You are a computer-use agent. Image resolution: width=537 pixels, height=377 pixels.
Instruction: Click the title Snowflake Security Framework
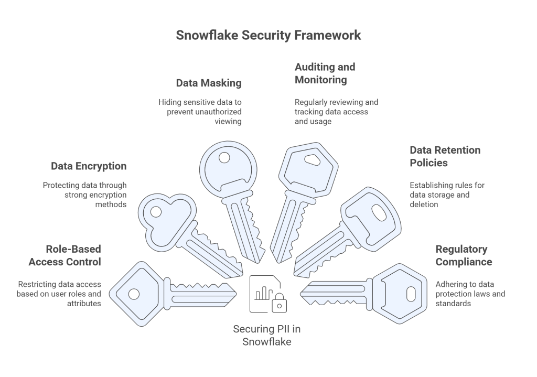tap(268, 35)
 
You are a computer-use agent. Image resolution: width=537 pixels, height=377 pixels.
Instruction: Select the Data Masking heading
tap(209, 83)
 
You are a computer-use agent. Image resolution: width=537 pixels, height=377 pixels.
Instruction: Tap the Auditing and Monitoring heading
tap(325, 73)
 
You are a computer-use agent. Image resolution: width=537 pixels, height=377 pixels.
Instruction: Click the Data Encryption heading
tap(89, 166)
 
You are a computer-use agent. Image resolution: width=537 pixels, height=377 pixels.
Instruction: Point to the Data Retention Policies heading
tap(445, 156)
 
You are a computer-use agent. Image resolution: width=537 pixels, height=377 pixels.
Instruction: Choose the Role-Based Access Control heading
tap(65, 255)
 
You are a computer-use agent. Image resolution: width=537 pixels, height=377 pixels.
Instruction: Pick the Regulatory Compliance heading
tap(464, 255)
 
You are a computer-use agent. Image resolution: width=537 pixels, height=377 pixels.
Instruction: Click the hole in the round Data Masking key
tap(224, 157)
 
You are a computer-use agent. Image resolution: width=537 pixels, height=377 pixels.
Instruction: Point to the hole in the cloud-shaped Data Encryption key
tap(156, 212)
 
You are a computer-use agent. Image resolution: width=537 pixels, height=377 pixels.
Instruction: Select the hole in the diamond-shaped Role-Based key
tap(134, 294)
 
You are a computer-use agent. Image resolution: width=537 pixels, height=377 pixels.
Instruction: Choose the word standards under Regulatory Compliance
tap(453, 303)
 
